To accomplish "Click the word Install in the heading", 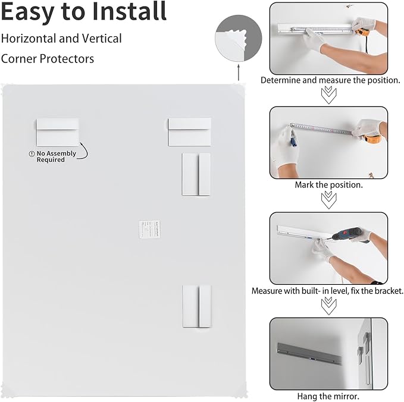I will [127, 12].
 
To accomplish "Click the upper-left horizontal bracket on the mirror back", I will [57, 131].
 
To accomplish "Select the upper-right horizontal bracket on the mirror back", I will [189, 131].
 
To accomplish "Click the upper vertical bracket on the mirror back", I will [196, 174].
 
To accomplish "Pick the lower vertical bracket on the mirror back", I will [196, 305].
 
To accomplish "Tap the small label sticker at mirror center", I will [149, 229].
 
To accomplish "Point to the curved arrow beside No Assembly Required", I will [84, 150].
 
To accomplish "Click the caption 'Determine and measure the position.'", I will [330, 80].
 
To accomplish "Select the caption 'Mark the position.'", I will [328, 185].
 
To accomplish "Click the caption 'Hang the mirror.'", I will [328, 395].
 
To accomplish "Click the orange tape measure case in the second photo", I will [373, 139].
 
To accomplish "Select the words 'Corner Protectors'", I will [48, 59].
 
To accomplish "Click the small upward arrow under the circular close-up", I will [238, 73].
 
